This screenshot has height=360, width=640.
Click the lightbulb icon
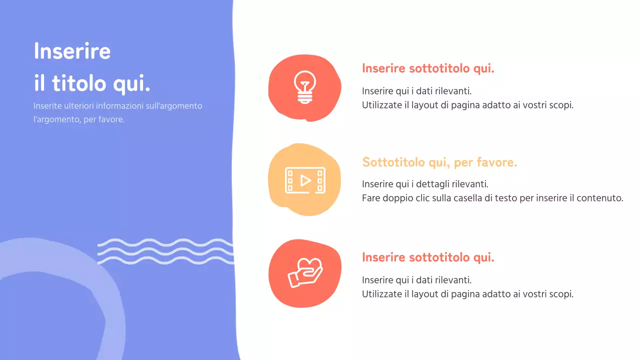click(x=304, y=87)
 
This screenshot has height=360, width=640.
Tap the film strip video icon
click(x=304, y=180)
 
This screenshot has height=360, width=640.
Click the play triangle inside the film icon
click(x=305, y=180)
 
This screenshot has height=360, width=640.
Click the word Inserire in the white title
click(x=72, y=51)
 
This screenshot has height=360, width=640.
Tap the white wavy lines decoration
click(x=165, y=251)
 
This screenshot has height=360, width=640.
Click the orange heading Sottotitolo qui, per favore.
click(x=439, y=162)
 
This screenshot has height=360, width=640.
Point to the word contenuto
click(x=599, y=198)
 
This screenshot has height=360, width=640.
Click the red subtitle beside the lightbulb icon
click(x=428, y=68)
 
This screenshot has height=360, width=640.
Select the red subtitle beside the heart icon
click(x=428, y=257)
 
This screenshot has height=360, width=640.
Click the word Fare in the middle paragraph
click(x=370, y=198)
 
